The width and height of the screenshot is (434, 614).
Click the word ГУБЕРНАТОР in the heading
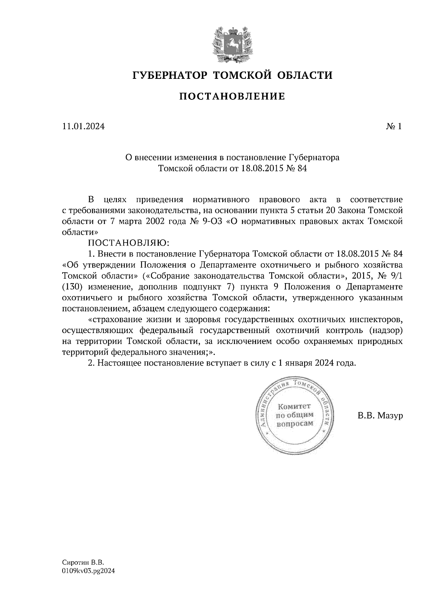pos(170,76)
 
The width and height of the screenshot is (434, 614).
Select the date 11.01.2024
pos(84,127)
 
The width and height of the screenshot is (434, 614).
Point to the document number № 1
pos(394,127)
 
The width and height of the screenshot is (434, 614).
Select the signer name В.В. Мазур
pos(380,416)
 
